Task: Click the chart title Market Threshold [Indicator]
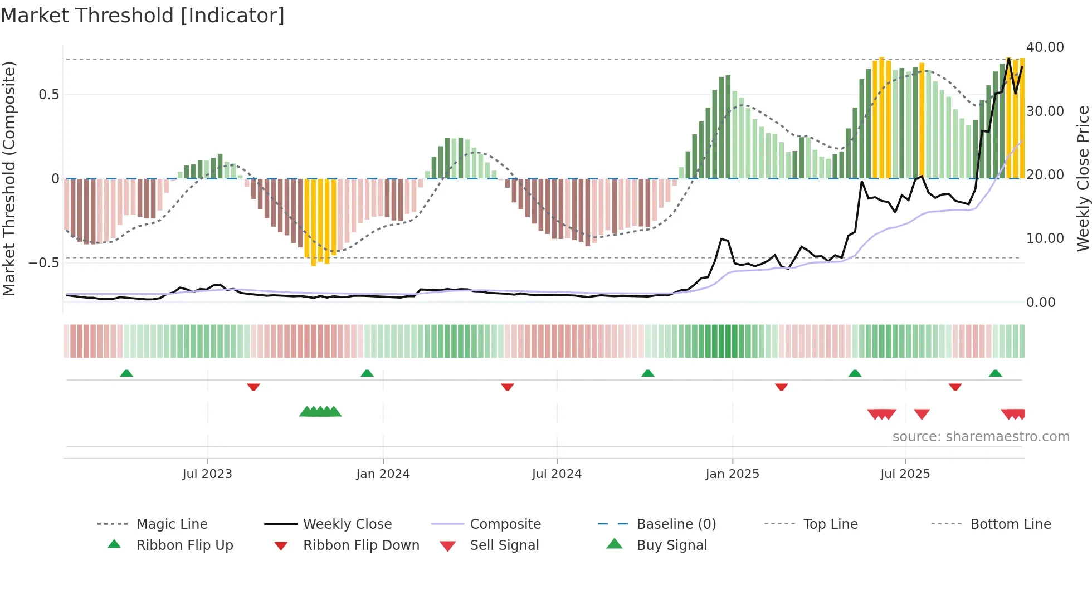143,16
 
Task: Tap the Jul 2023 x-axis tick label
207,474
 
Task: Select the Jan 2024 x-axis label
383,474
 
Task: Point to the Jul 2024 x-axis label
557,474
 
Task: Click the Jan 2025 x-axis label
732,474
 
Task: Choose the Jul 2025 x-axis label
905,474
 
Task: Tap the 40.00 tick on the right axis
1045,47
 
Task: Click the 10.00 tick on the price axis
1045,238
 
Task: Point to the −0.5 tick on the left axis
44,263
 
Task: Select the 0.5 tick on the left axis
49,95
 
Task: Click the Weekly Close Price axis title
1083,178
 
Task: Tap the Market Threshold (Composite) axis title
9,178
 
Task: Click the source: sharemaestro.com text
981,437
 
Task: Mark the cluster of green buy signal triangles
320,412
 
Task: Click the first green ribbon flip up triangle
126,373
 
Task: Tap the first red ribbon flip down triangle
253,387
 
